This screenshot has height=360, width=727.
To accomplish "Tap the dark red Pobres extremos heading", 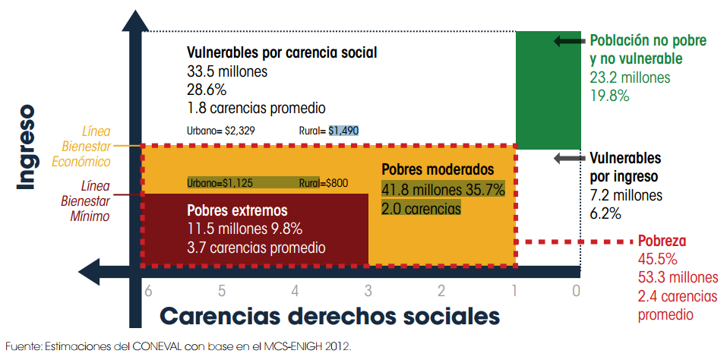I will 237,210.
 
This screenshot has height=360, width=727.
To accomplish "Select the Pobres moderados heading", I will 438,170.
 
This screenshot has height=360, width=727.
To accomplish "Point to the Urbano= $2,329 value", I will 220,131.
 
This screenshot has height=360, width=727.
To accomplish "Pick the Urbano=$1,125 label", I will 220,182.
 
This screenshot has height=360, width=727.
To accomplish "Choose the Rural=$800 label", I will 324,182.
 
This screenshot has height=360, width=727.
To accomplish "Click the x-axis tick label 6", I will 148,289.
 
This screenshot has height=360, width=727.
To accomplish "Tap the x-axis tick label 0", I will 577,289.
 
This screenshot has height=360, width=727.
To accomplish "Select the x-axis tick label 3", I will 368,289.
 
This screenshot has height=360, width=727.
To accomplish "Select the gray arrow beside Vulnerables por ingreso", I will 568,158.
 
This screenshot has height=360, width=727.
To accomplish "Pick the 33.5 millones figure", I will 227,72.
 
